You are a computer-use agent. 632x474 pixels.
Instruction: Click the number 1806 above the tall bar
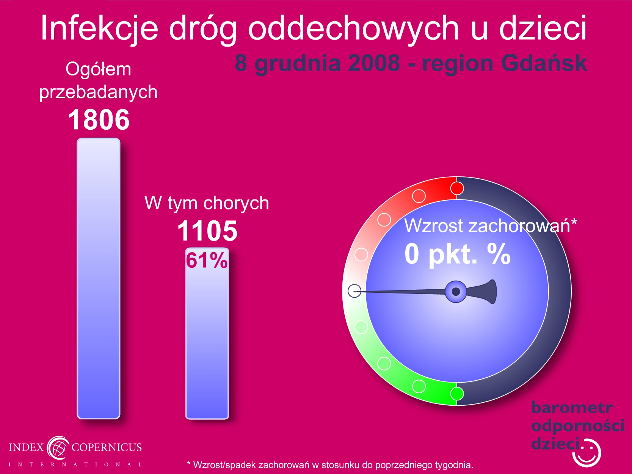[99, 119]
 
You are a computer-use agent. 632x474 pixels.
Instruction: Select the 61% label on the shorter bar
[207, 261]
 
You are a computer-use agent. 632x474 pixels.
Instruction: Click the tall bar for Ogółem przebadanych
[99, 278]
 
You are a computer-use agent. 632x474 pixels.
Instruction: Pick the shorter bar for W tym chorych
[207, 333]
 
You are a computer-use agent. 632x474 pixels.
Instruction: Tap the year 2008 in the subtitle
[373, 63]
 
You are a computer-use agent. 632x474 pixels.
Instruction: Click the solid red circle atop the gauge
[457, 188]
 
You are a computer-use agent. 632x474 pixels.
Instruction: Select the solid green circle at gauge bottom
[457, 394]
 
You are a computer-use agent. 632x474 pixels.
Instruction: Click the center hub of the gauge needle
[456, 292]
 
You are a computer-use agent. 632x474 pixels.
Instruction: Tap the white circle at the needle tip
[354, 291]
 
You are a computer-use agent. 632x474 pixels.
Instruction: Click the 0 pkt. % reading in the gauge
[458, 254]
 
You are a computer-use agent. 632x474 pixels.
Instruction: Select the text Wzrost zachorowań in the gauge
[487, 226]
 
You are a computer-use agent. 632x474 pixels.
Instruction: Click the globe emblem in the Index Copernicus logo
[58, 448]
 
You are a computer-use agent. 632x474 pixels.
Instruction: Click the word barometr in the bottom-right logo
[572, 408]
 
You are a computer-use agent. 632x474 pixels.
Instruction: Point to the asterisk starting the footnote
[189, 463]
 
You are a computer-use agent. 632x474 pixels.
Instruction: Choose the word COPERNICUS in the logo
[107, 447]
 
